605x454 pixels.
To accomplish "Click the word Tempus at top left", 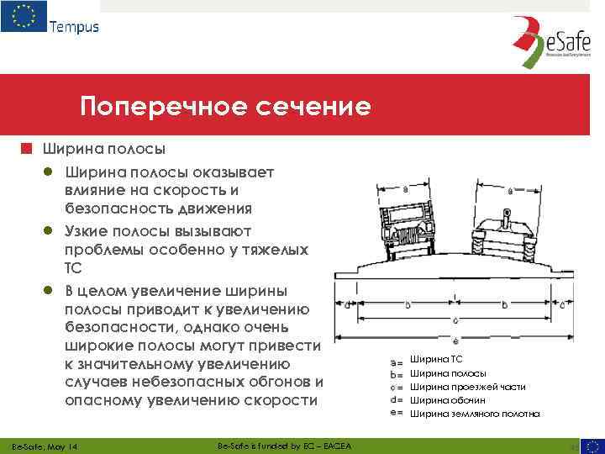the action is click(74, 26).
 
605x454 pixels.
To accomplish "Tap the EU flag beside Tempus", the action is click(24, 18).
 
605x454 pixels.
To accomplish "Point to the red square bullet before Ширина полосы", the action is click(27, 150).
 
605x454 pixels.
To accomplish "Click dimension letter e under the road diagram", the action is click(455, 340).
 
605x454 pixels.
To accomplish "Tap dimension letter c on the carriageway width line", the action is click(455, 320).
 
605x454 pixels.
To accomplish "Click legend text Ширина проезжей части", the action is click(467, 387).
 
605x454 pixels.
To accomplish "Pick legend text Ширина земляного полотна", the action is click(475, 414).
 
